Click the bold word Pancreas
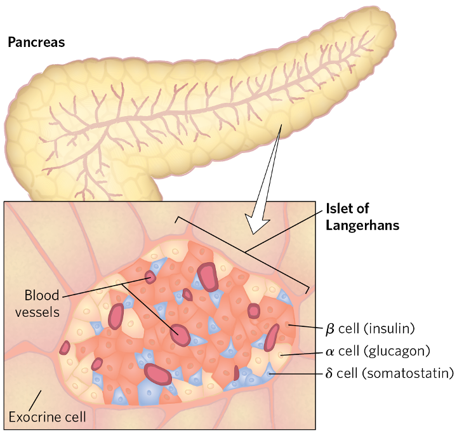tap(36, 43)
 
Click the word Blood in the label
tap(41, 295)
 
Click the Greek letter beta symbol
tap(329, 329)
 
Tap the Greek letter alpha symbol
tap(329, 350)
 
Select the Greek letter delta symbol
tap(329, 373)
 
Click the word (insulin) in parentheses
tap(389, 329)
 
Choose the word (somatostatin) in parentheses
tap(407, 373)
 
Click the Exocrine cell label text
tap(47, 417)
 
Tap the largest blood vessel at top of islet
tap(208, 276)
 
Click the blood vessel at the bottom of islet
tap(158, 374)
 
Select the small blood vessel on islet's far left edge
tap(65, 347)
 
